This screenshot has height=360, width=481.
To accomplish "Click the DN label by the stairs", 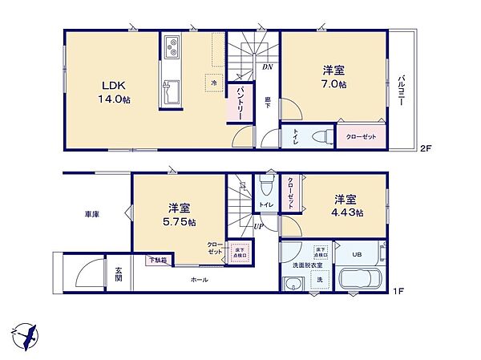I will tap(267, 67).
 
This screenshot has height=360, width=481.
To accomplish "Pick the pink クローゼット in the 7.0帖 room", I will tap(359, 136).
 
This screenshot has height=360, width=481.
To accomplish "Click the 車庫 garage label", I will tap(93, 215).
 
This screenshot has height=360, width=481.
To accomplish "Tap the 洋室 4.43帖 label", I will tap(347, 205).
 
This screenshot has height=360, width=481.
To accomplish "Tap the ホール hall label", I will tap(199, 279).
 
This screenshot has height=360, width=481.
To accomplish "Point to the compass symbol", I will tap(26, 334).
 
